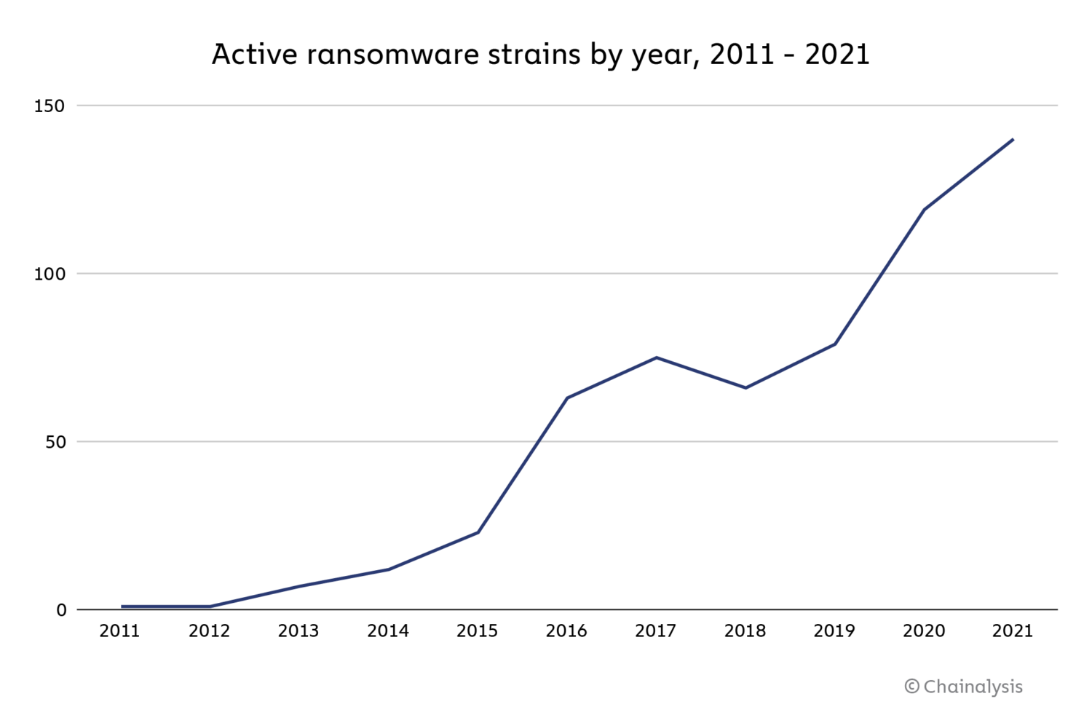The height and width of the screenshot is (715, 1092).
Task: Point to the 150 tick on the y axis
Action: [x=50, y=106]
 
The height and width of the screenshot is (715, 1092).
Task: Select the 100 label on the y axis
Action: [x=50, y=274]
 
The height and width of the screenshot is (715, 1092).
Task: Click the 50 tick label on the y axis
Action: [x=55, y=442]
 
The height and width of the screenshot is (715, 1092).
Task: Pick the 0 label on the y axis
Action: [x=61, y=610]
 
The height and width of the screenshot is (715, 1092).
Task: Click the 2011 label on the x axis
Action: [x=120, y=631]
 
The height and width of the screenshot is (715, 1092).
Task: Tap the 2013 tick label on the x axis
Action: [x=298, y=631]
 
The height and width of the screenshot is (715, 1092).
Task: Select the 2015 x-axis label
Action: [x=477, y=631]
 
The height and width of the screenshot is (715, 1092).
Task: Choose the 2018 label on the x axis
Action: [x=745, y=631]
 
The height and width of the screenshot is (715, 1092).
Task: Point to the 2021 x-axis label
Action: [x=1013, y=631]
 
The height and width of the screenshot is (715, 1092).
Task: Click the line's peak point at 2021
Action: [x=1013, y=139]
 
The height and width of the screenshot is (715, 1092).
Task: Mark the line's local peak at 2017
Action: [x=656, y=357]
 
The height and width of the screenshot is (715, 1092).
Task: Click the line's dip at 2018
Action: [x=745, y=387]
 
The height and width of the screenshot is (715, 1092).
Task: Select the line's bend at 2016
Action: [x=566, y=398]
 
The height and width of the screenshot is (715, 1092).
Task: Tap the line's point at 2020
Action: [x=924, y=210]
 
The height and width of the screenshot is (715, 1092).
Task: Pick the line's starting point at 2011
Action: [x=122, y=606]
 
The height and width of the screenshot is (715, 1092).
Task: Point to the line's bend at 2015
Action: [x=478, y=532]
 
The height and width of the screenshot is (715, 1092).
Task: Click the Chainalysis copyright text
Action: [x=963, y=687]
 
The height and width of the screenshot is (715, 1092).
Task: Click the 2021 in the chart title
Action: [x=837, y=55]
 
